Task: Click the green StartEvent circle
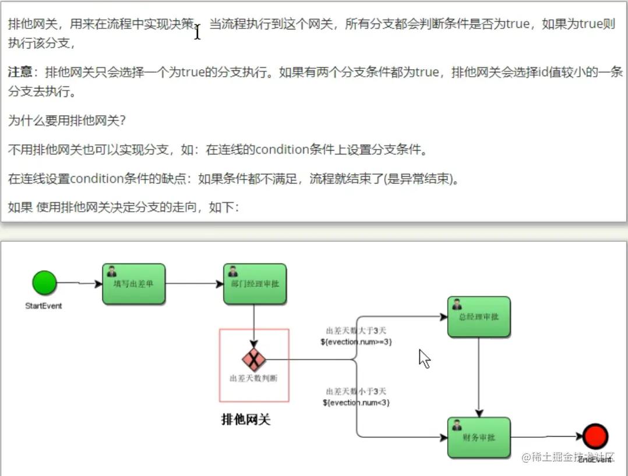[44, 283]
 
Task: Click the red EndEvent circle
[595, 436]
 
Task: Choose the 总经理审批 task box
[479, 317]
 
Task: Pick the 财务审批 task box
[479, 438]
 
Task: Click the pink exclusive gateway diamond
[254, 359]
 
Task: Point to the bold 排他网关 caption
[246, 420]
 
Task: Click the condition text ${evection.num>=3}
[356, 342]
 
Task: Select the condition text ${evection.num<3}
[356, 402]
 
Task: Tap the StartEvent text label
[44, 306]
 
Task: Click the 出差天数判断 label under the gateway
[253, 378]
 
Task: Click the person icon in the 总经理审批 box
[457, 304]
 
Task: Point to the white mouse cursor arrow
[424, 358]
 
